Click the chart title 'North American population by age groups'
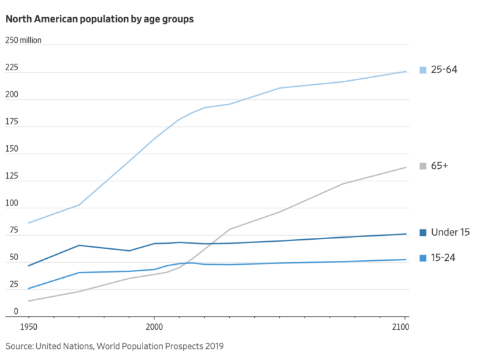coord(100,19)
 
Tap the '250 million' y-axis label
coord(24,41)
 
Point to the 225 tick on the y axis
coord(12,68)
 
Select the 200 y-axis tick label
coord(12,95)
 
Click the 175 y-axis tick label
coord(12,122)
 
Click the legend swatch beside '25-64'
coord(423,70)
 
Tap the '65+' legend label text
coord(439,166)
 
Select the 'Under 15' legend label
coord(450,233)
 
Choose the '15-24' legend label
coord(443,258)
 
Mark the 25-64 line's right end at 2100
coord(406,72)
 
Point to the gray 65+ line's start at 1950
coord(28,301)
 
